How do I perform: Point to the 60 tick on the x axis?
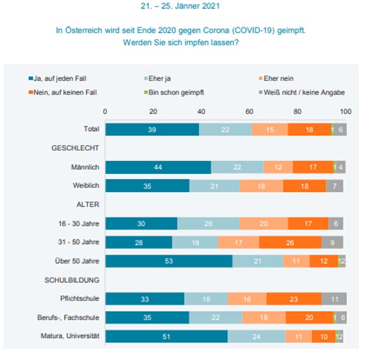pyautogui.click(x=249, y=112)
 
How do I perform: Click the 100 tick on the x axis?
pyautogui.click(x=346, y=112)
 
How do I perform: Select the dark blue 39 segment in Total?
pyautogui.click(x=152, y=129)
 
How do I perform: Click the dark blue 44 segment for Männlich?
pyautogui.click(x=159, y=167)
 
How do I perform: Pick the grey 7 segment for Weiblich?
pyautogui.click(x=335, y=186)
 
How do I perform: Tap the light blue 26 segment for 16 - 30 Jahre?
pyautogui.click(x=209, y=223)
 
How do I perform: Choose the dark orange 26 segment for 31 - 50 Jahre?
pyautogui.click(x=290, y=242)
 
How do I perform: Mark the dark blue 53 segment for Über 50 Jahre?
pyautogui.click(x=169, y=261)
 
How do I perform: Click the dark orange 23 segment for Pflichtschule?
pyautogui.click(x=294, y=298)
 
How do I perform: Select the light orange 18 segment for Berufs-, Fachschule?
pyautogui.click(x=263, y=317)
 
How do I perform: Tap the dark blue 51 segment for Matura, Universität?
pyautogui.click(x=166, y=336)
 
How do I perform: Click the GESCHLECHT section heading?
pyautogui.click(x=76, y=148)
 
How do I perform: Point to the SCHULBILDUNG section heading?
pyautogui.click(x=73, y=279)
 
